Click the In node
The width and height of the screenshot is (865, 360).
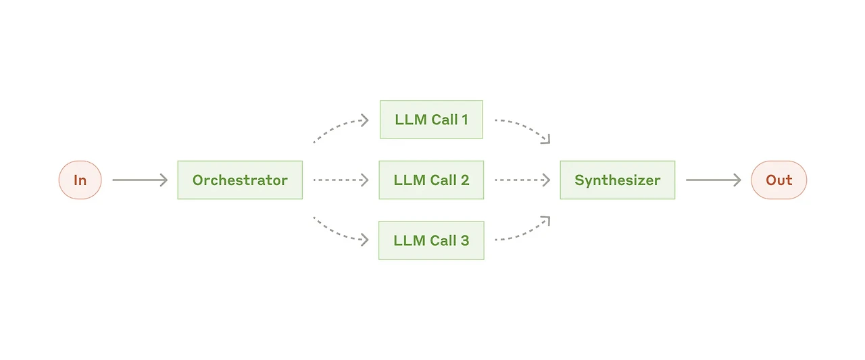80,180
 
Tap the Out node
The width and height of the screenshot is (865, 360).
779,180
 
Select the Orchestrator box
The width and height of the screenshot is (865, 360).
240,180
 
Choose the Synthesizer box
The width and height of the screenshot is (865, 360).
618,180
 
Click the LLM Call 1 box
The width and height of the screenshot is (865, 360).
431,120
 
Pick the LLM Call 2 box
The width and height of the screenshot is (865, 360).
431,180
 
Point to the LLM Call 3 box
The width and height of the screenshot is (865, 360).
431,240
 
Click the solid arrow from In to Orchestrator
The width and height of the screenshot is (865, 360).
140,180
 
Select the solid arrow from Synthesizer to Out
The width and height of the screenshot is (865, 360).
713,180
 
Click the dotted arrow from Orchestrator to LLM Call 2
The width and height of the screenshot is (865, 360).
341,180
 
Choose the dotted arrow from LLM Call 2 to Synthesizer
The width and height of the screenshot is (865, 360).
522,180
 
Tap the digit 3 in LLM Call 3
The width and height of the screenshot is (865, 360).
465,240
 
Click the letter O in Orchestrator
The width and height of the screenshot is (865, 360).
199,180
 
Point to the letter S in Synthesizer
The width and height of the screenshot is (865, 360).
579,180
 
